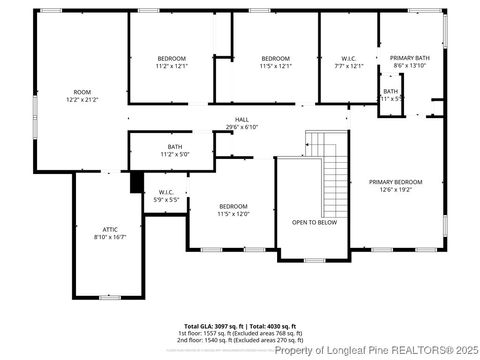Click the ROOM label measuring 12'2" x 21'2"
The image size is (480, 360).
tap(82, 96)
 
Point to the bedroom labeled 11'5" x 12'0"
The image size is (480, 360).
tap(233, 209)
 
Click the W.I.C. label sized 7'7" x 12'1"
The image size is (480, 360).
tap(348, 62)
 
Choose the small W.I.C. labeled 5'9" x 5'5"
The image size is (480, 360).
tap(167, 196)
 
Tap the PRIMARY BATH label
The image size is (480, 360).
tap(408, 62)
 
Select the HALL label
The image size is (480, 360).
tap(242, 119)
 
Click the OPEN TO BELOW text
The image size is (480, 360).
tap(313, 222)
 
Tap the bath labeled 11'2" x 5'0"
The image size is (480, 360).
tap(175, 151)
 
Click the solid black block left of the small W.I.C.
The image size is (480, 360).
tap(136, 183)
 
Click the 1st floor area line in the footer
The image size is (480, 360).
tap(241, 333)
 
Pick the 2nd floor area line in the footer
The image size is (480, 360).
tap(241, 340)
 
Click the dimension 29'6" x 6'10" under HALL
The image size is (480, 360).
tap(242, 127)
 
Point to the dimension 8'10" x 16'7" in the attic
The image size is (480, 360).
tap(110, 238)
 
